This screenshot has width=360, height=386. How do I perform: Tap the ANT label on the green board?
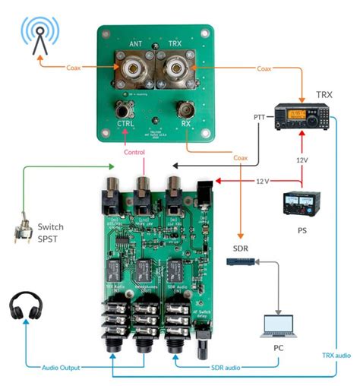coord(136,45)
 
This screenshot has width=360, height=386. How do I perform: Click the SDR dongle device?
coord(241,261)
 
